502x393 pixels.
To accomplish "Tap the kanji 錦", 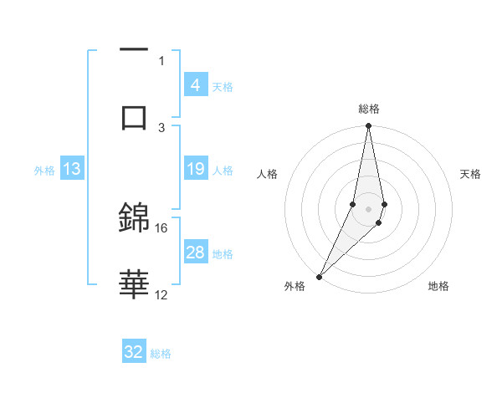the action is click(x=134, y=219).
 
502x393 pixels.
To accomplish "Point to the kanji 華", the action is click(x=134, y=284).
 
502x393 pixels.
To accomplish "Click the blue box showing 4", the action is click(x=195, y=85).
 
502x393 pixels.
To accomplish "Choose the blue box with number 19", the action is click(x=195, y=170).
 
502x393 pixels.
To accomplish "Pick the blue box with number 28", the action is click(x=195, y=253).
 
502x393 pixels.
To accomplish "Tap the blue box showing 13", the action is click(x=71, y=170).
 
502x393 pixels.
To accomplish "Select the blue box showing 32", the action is click(x=134, y=352).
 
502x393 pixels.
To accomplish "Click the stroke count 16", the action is click(x=161, y=227).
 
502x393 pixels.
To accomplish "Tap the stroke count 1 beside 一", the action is click(x=161, y=60).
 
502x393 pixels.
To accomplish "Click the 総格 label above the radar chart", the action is click(x=368, y=109).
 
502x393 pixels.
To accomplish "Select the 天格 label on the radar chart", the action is click(x=470, y=174).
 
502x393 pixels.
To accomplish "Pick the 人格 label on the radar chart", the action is click(x=268, y=174).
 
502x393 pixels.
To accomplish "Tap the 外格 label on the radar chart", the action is click(x=294, y=286).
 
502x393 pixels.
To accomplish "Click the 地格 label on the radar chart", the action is click(x=438, y=286).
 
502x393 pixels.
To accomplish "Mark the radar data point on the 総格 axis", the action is click(x=368, y=126).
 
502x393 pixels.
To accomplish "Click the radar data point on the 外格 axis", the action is click(x=319, y=276).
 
